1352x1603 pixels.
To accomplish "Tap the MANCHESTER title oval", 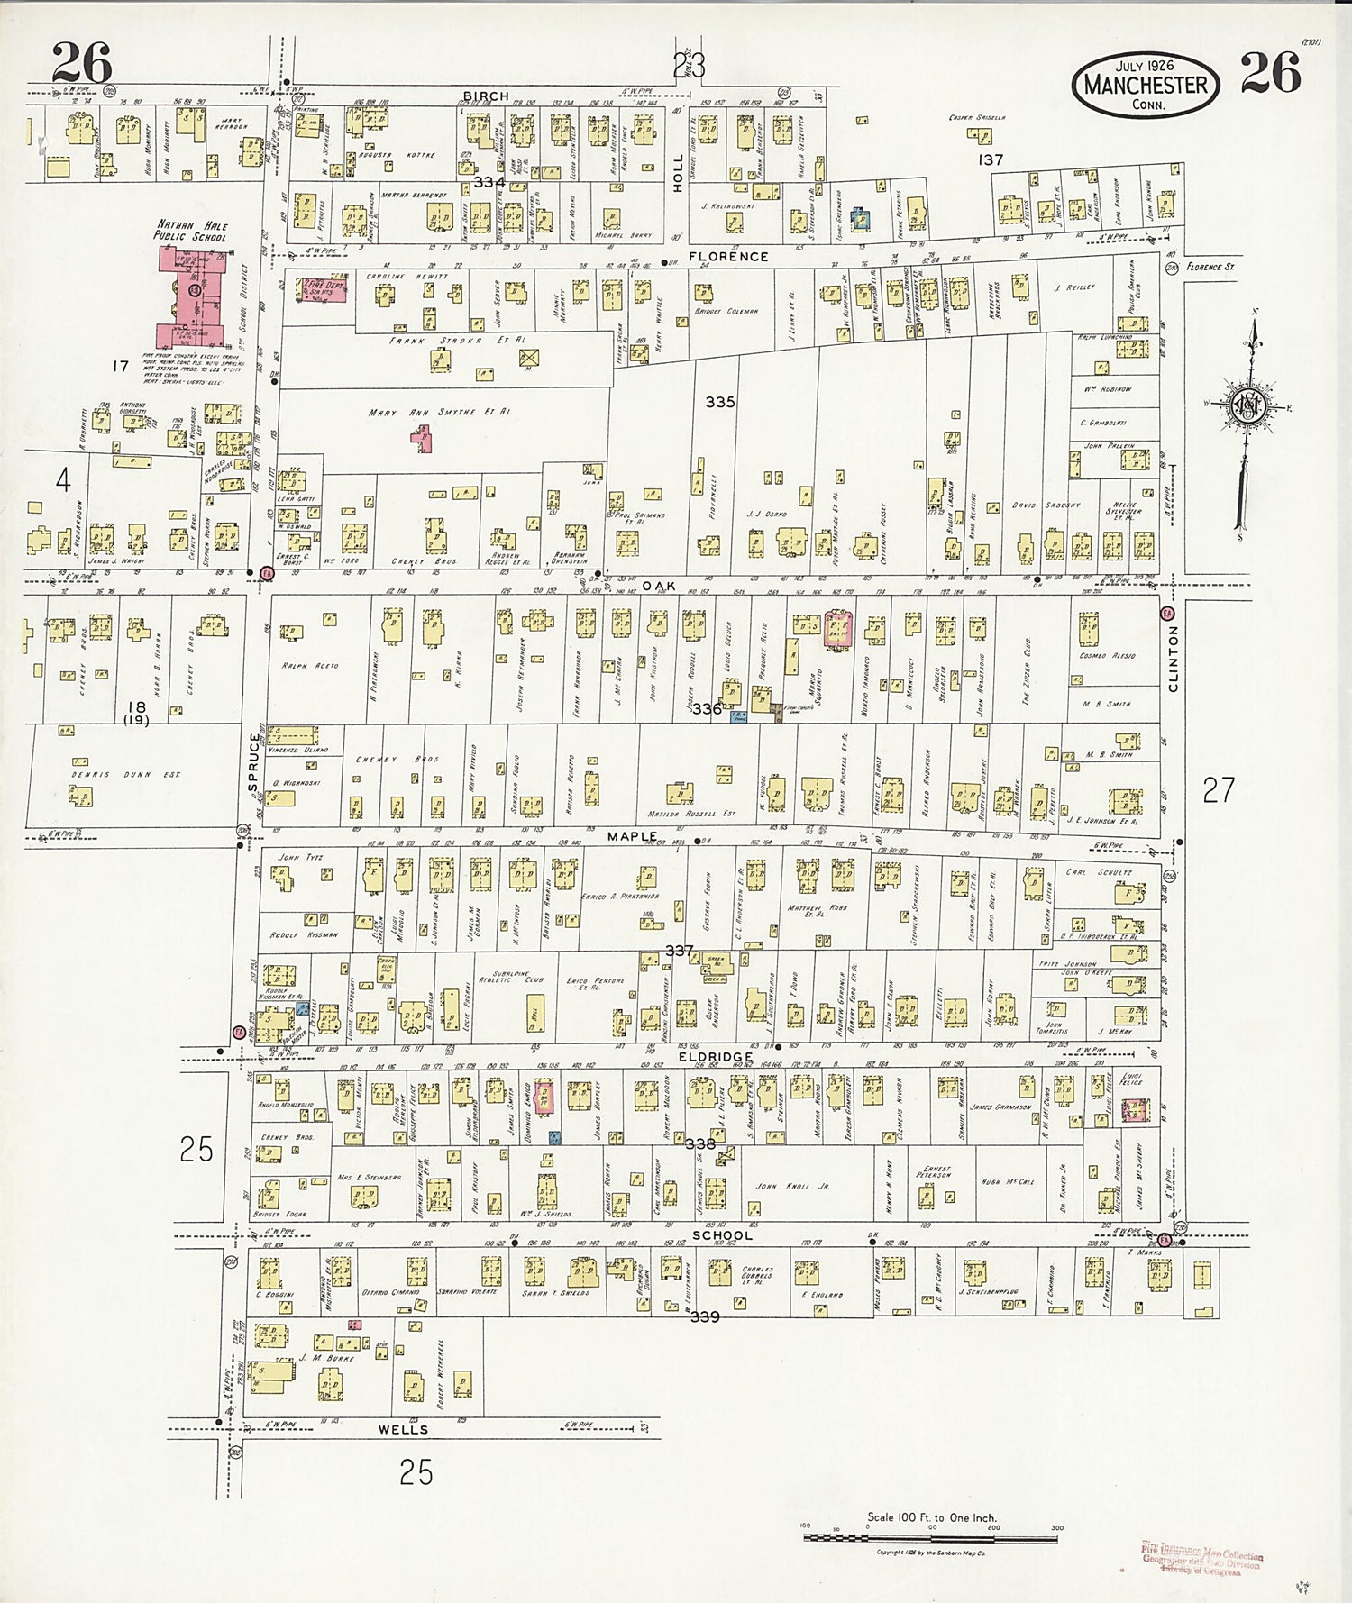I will click(1145, 86).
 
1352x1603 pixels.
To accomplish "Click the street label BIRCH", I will click(486, 96).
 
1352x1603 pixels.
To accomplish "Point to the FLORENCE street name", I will click(728, 257).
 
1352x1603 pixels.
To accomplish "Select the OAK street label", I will click(658, 587).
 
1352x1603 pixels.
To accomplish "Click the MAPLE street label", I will click(633, 837).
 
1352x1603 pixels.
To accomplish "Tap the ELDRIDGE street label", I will click(717, 1057).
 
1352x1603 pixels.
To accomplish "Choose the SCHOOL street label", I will click(722, 1235).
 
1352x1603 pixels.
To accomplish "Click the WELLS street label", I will click(403, 1429).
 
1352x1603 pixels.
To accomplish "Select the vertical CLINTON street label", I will click(1173, 659).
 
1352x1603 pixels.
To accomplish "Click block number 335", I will click(720, 402).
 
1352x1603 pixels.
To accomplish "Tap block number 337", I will click(680, 951).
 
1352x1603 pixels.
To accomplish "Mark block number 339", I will click(705, 1316).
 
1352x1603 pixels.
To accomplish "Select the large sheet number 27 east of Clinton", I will click(1218, 790).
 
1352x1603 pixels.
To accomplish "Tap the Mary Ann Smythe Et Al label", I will click(440, 412).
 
